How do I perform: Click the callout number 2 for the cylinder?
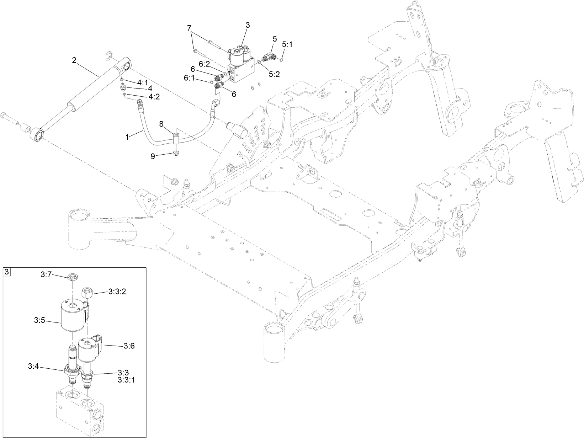tap(74, 60)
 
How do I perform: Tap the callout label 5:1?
tap(287, 45)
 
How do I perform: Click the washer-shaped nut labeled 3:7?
tap(73, 276)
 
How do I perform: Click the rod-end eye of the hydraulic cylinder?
tap(37, 134)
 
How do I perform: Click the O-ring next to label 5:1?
tap(281, 59)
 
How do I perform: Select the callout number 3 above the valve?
tap(248, 25)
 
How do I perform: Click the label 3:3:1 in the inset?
tap(126, 380)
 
